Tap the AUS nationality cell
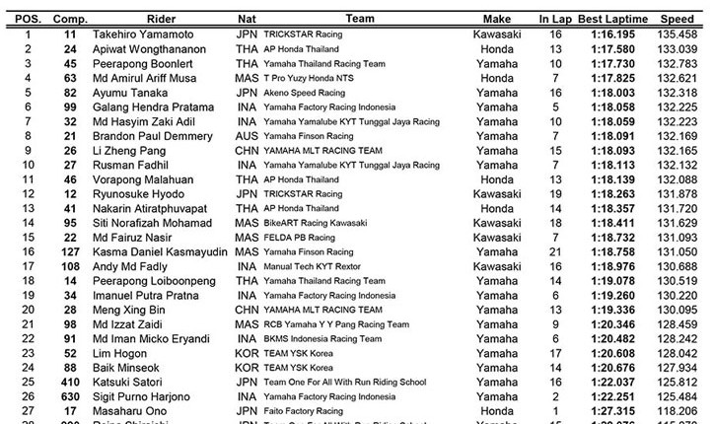pos(249,135)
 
